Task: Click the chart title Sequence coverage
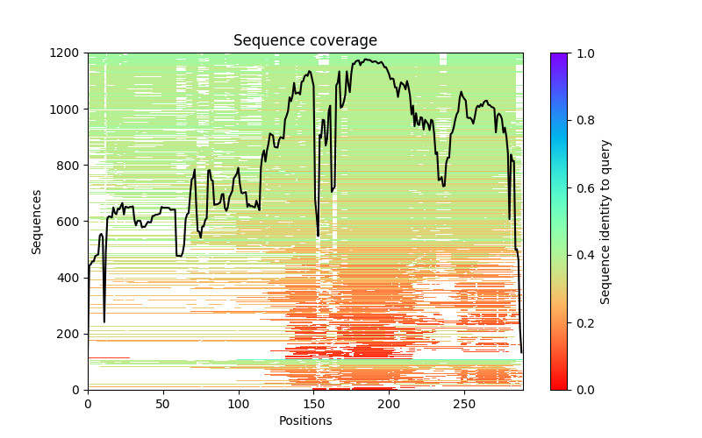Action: pos(305,41)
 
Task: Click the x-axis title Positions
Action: pos(305,420)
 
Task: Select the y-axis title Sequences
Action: pos(37,221)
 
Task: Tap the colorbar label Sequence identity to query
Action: pos(605,221)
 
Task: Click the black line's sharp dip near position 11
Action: pos(104,321)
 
